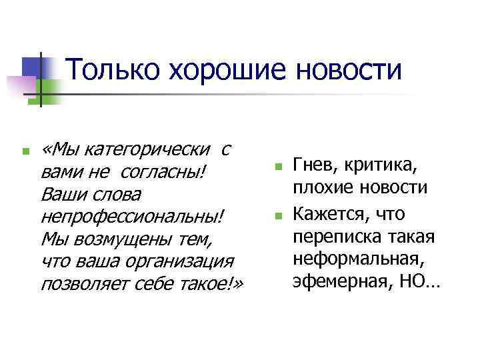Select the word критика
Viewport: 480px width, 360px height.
[x=393, y=165]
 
